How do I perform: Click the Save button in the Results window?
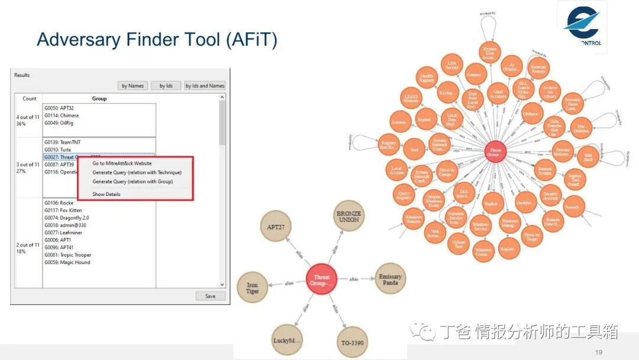click(210, 296)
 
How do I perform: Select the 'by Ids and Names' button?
click(205, 86)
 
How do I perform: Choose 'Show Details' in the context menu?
click(106, 194)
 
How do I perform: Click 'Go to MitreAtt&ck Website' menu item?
click(122, 163)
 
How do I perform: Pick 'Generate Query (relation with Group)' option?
click(133, 182)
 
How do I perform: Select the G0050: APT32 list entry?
click(59, 108)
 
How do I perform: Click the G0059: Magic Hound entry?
click(67, 262)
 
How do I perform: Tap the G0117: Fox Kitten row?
click(63, 210)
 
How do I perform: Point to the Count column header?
click(30, 98)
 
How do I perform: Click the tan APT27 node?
click(276, 226)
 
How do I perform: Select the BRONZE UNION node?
click(348, 216)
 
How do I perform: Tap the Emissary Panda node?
click(390, 279)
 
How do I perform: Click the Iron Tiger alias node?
click(252, 288)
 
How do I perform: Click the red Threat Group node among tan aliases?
click(322, 279)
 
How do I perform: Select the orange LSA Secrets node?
click(452, 66)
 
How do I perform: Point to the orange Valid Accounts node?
click(498, 94)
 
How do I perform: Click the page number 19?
click(598, 353)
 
